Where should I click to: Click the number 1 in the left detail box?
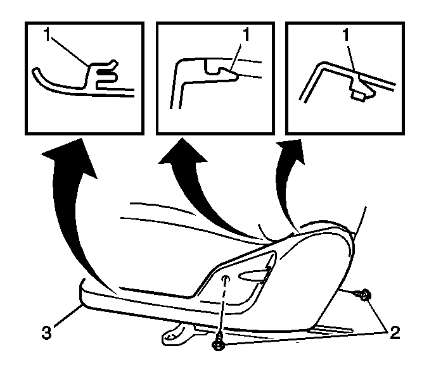coord(48,35)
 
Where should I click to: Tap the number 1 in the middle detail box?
coord(247,35)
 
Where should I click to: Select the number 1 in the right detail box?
coord(346,35)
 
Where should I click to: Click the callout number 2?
coord(395,333)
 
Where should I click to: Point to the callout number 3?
coord(46,332)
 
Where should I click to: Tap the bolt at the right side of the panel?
coord(363,295)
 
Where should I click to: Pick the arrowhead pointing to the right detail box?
coord(293,150)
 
